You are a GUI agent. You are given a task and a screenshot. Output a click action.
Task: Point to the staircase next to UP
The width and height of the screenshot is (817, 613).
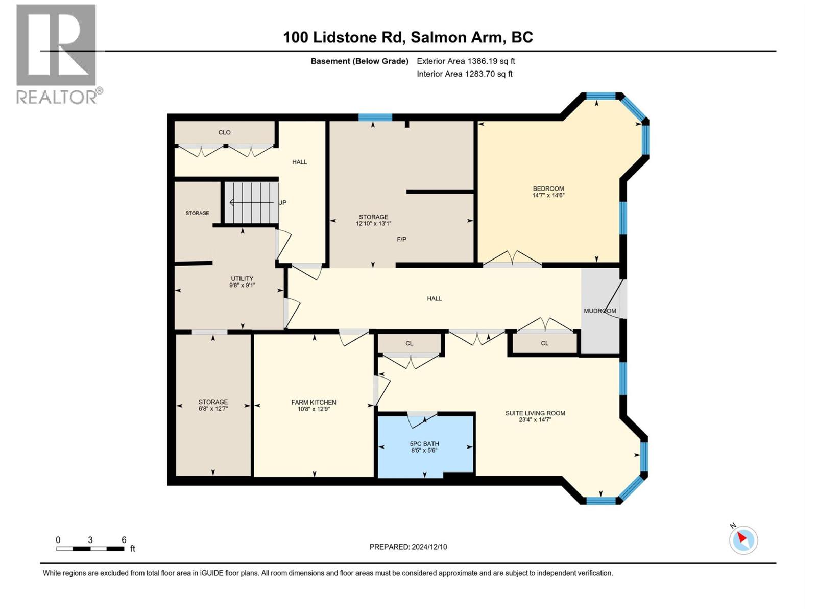pos(251,203)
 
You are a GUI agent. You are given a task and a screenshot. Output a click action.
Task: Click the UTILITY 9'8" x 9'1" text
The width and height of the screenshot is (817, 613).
pos(242,282)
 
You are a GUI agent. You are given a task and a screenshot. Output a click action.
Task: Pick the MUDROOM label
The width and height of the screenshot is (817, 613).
pos(599,311)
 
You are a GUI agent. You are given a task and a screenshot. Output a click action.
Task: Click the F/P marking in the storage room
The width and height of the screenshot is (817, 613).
pos(402,239)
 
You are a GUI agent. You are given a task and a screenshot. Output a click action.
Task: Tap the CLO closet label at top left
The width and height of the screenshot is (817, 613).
pos(224,132)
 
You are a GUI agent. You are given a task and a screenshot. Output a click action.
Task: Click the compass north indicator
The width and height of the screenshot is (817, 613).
pos(743,539)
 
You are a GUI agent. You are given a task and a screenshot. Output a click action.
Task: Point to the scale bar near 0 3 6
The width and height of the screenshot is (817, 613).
pos(90,549)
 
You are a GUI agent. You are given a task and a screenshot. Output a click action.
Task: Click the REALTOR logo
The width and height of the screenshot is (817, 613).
pos(57,54)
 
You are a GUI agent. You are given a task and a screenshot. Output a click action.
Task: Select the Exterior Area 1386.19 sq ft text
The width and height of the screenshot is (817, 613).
pos(466,61)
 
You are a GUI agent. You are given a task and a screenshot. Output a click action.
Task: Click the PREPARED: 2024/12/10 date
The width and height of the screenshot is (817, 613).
pos(408,547)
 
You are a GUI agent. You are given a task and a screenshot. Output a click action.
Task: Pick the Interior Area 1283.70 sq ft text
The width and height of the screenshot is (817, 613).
pos(464,74)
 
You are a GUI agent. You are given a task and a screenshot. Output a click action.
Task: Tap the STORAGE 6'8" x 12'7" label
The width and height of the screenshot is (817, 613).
pos(213,405)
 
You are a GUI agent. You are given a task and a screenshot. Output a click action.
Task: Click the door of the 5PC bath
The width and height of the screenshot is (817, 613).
pos(422,418)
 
